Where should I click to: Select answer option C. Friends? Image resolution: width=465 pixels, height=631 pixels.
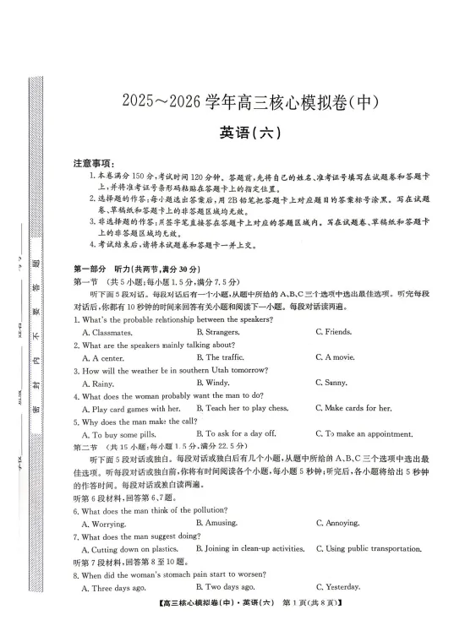coord(333,332)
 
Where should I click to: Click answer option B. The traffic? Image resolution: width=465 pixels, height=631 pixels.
coord(224,357)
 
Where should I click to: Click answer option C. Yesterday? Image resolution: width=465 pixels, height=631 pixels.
coord(337,587)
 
